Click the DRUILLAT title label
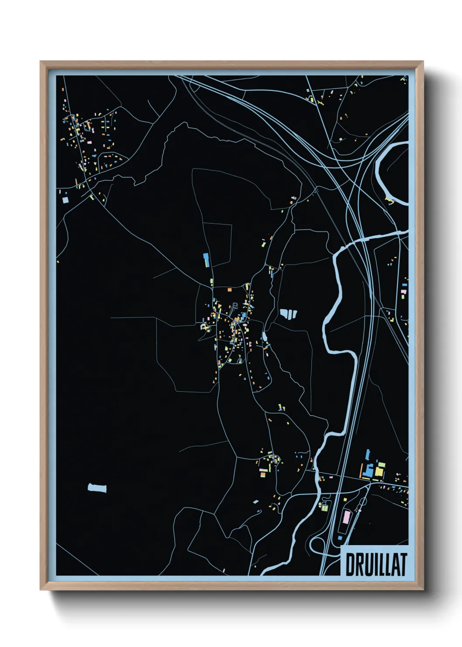(x=376, y=564)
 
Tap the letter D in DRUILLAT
(x=350, y=564)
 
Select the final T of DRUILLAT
(x=403, y=564)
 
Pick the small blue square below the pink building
(x=340, y=537)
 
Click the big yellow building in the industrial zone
(x=379, y=471)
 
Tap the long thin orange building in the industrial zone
(x=362, y=471)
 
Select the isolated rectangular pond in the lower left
(x=97, y=488)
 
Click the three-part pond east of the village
(x=288, y=313)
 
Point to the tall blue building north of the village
(x=206, y=260)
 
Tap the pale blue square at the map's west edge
(x=66, y=200)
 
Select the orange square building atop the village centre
(x=229, y=289)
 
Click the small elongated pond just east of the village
(x=264, y=337)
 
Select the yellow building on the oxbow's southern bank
(x=389, y=201)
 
